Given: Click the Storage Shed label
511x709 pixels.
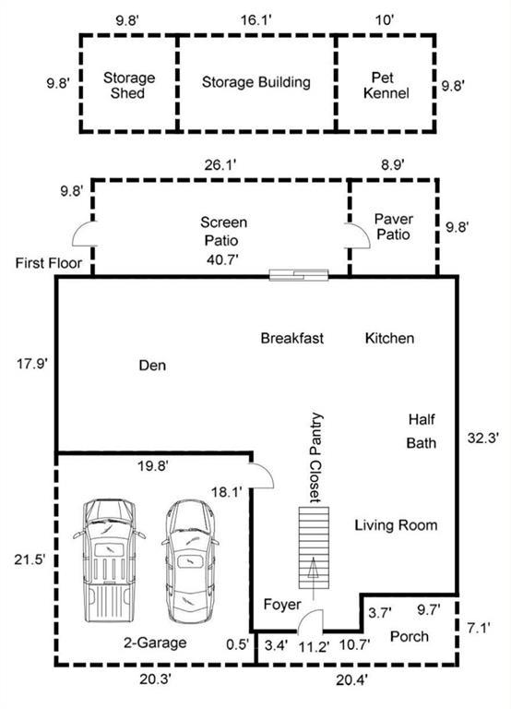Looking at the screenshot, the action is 129,86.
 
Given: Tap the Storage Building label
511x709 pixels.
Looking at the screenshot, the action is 256,82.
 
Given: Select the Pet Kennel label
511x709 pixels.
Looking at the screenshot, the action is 386,86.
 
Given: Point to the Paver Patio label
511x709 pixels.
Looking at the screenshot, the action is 394,227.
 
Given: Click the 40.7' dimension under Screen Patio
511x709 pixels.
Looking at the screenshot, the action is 222,259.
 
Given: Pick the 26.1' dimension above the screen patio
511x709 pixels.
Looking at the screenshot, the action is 220,165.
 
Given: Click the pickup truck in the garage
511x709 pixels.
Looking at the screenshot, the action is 110,560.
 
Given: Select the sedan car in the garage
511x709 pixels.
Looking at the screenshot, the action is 190,561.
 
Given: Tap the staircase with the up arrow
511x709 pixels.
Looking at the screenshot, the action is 314,548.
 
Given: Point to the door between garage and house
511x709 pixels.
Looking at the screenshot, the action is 263,476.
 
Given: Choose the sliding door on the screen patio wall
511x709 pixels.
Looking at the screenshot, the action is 299,274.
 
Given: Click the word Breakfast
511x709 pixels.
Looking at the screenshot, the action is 292,338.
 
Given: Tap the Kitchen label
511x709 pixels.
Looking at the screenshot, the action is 389,338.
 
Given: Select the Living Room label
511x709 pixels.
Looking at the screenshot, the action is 396,525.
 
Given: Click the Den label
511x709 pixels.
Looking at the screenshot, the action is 152,366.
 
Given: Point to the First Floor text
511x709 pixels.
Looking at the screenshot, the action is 49,263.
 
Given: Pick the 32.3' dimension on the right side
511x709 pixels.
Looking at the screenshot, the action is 483,438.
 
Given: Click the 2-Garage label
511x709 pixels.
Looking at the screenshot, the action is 155,643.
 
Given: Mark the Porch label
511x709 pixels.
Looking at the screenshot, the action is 410,637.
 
